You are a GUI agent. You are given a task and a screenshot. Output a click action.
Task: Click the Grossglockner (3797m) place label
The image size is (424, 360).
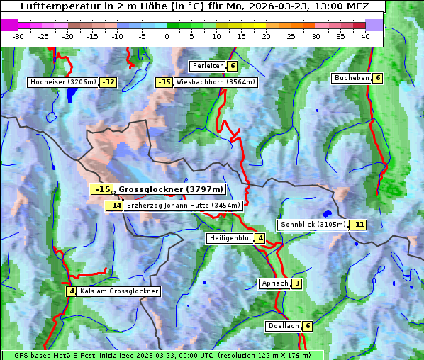pyautogui.click(x=170, y=189)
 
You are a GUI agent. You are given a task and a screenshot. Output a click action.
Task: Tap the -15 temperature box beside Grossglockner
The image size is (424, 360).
pyautogui.click(x=102, y=189)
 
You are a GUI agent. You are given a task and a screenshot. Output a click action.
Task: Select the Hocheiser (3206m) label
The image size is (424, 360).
pyautogui.click(x=62, y=82)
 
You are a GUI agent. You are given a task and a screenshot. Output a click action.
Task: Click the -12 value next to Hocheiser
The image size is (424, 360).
pyautogui.click(x=108, y=82)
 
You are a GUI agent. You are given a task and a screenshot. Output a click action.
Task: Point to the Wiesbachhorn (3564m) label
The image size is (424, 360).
pyautogui.click(x=216, y=82)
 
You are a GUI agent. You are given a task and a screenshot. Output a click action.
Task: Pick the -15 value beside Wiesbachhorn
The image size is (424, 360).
pyautogui.click(x=164, y=82)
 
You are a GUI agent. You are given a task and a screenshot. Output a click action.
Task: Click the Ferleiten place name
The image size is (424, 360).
pyautogui.click(x=208, y=66)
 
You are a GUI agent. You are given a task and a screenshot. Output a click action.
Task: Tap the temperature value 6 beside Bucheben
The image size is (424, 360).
pyautogui.click(x=378, y=78)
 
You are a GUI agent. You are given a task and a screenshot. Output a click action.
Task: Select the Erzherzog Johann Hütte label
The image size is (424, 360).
pyautogui.click(x=184, y=206)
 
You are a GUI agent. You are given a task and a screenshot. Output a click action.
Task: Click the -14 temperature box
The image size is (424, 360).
pyautogui.click(x=114, y=206)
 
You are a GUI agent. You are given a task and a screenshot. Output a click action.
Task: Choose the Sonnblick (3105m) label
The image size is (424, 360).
pyautogui.click(x=313, y=225)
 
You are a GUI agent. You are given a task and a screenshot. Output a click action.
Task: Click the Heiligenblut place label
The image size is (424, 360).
pyautogui.click(x=230, y=238)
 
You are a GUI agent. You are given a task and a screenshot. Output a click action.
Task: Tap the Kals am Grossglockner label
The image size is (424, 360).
pyautogui.click(x=118, y=291)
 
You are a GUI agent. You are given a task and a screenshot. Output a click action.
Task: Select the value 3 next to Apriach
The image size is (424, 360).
pyautogui.click(x=297, y=283)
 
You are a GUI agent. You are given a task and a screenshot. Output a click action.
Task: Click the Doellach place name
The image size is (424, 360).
pyautogui.click(x=284, y=326)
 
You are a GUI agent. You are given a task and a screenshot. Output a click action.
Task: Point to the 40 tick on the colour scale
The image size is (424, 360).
pyautogui.click(x=365, y=35)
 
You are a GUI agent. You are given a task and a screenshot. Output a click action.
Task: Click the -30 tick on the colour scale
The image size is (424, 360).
pyautogui.click(x=19, y=35)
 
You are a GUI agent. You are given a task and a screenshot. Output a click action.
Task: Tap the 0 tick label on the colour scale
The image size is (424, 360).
pyautogui.click(x=167, y=35)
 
